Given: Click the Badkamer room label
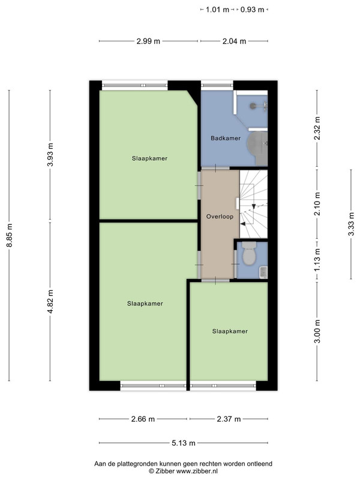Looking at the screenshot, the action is coord(226,138).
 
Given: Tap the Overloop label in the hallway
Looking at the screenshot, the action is coord(220,217).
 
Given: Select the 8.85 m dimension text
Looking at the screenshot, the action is coord(10,235).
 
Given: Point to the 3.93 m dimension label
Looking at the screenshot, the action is coord(51,155).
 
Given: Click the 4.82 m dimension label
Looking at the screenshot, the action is coord(51,301).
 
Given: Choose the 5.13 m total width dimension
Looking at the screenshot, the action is coord(184,443).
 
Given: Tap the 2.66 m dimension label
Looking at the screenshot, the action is coord(143,419).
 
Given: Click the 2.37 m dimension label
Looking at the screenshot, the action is coord(229,419).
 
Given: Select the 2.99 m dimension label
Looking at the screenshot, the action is coord(148,41).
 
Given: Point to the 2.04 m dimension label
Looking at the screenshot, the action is coord(234,41).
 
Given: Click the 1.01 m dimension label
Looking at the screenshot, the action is coord(217,10).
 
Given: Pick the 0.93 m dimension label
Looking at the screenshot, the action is coord(252,10).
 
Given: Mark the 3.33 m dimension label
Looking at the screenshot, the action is coord(351,224).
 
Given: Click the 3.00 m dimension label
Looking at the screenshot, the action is coord(317,331).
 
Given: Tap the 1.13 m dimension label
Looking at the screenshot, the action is coord(317,259).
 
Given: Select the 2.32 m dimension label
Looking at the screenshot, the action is coord(317,128).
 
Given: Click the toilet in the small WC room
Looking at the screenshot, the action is coord(249,253).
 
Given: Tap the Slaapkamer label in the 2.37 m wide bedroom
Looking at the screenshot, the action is coord(230,331).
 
